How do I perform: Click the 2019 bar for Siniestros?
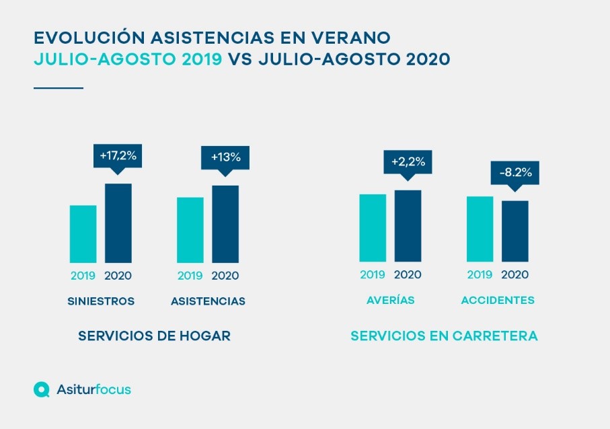pyautogui.click(x=83, y=234)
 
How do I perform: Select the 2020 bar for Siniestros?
pyautogui.click(x=118, y=223)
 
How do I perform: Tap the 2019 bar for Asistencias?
pyautogui.click(x=190, y=230)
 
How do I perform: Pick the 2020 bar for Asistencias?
pyautogui.click(x=225, y=224)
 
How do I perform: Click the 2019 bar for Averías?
pyautogui.click(x=373, y=228)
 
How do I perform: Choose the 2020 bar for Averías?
pyautogui.click(x=408, y=226)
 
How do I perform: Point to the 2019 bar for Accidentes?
pyautogui.click(x=480, y=229)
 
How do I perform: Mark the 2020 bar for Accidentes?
pyautogui.click(x=515, y=231)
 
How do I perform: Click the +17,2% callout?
pyautogui.click(x=118, y=156)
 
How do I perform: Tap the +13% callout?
pyautogui.click(x=225, y=157)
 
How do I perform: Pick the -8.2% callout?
pyautogui.click(x=516, y=173)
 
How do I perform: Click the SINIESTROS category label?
pyautogui.click(x=101, y=301)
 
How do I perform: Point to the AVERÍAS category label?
pyautogui.click(x=391, y=301)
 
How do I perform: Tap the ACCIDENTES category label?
pyautogui.click(x=498, y=301)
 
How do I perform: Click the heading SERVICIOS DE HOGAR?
pyautogui.click(x=155, y=336)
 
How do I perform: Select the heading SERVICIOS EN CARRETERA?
pyautogui.click(x=444, y=336)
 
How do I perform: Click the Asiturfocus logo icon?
pyautogui.click(x=42, y=389)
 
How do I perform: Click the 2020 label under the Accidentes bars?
pyautogui.click(x=515, y=274)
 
